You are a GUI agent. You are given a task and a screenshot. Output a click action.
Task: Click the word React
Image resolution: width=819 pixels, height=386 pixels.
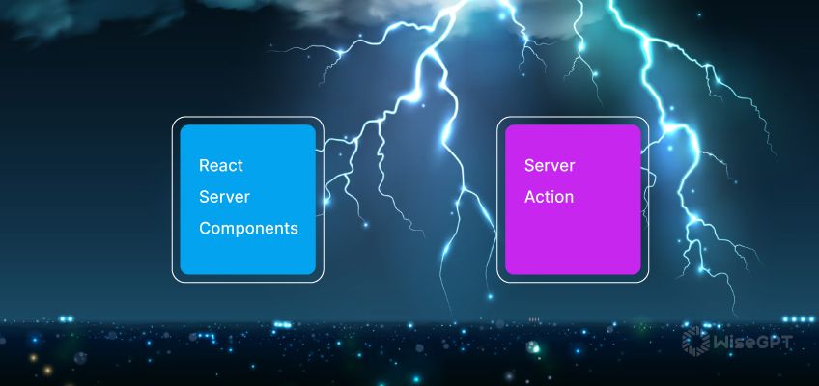point(221,165)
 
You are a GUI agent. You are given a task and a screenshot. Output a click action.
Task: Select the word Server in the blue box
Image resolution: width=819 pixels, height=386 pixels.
point(225,197)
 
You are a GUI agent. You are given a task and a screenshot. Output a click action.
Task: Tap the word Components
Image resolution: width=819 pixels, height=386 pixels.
point(248,229)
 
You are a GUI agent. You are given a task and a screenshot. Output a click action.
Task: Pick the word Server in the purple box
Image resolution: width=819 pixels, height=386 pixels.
point(550,165)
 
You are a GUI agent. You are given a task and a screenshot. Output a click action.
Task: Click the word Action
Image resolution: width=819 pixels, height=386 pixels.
point(549,197)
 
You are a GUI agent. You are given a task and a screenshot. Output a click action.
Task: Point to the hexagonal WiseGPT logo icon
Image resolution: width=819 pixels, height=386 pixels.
point(695,341)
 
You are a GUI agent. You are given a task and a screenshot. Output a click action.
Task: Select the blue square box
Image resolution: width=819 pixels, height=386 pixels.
point(247,199)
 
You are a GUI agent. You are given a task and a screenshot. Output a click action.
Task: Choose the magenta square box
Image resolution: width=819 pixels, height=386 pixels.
point(573,199)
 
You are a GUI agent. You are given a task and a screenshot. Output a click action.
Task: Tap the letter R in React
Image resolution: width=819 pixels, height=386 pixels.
point(204,165)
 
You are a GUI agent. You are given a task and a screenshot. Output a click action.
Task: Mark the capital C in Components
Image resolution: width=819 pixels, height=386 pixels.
point(205,228)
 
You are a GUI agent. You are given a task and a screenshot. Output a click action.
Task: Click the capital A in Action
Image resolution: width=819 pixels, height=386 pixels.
point(529,197)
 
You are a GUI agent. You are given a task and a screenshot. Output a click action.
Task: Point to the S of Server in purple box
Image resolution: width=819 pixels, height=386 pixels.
point(529,165)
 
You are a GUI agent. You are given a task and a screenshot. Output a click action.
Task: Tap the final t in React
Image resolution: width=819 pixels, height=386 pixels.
point(240,166)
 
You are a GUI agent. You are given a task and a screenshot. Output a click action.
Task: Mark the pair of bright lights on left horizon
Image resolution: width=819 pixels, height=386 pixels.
point(66,318)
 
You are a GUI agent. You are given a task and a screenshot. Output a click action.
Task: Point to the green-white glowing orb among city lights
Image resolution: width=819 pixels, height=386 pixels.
point(532,345)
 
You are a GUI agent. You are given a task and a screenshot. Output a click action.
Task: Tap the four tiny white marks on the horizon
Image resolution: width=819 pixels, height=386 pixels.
point(534,319)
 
